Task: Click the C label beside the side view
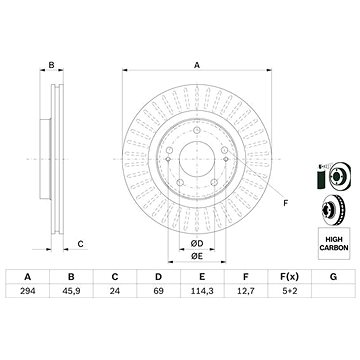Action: click(x=80, y=244)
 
